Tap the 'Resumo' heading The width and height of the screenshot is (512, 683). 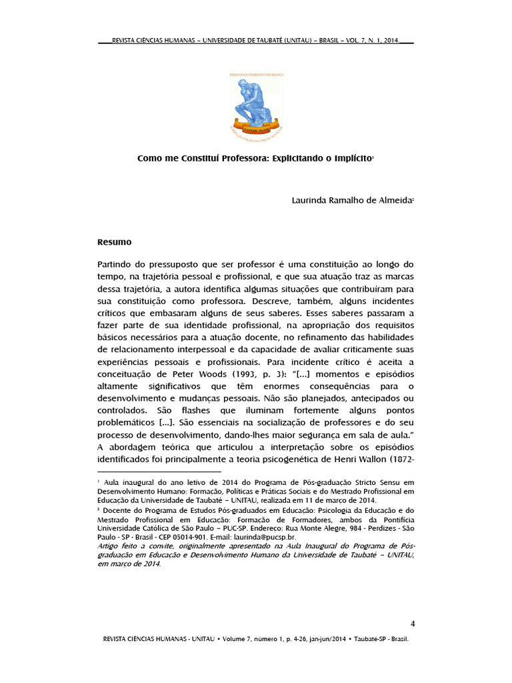tap(115, 241)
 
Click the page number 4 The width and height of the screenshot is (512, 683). tap(413, 624)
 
